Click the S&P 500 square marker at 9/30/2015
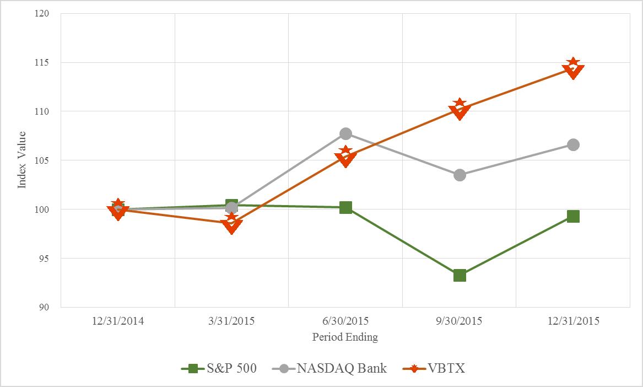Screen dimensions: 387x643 click(460, 275)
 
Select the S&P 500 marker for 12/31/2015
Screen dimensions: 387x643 click(573, 216)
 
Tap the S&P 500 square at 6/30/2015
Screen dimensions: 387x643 click(345, 207)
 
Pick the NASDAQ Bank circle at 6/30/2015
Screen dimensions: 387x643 click(345, 133)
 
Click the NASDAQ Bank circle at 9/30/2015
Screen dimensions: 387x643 click(460, 175)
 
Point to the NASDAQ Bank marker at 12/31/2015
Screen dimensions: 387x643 click(573, 144)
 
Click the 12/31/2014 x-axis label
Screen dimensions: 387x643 click(118, 321)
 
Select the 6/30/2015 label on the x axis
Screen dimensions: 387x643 click(345, 321)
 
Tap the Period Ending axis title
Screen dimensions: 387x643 click(345, 337)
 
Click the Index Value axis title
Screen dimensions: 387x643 click(22, 160)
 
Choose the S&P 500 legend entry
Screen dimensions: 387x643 click(219, 369)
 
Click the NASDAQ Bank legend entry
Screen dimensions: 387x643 click(330, 369)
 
